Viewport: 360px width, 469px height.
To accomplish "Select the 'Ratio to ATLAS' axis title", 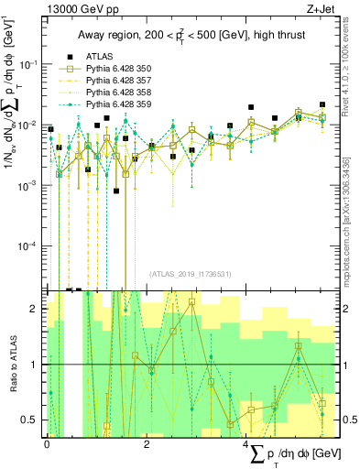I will coord(12,365).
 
